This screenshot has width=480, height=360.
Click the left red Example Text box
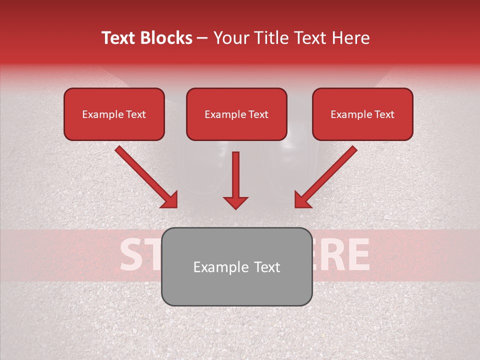114,114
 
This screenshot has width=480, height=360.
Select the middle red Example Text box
236,114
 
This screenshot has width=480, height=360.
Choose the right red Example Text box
362,114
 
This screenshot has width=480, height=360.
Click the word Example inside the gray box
214,267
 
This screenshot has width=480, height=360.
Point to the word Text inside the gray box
266,267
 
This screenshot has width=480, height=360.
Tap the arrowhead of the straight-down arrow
235,202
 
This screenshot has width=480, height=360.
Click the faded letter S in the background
130,254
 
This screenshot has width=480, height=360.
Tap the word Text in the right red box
384,114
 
